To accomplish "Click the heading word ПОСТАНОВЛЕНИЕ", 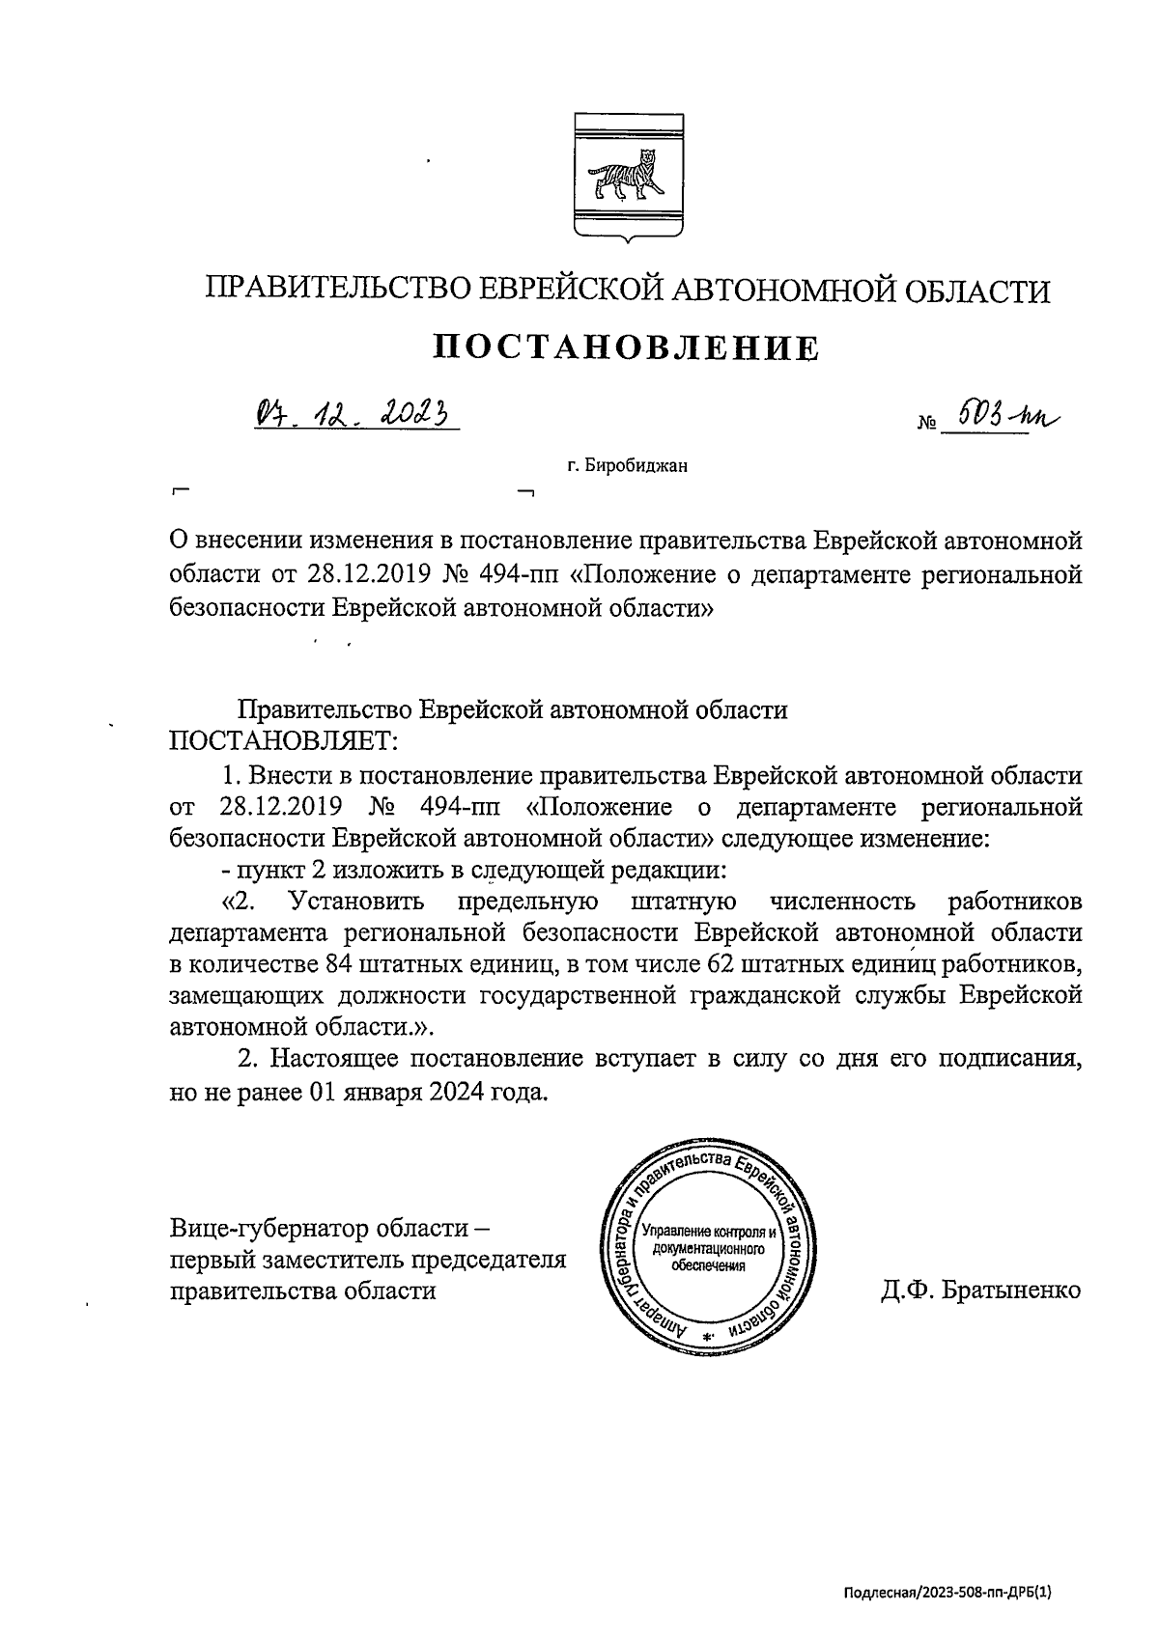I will tap(625, 347).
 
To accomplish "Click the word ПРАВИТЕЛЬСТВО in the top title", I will tap(343, 290).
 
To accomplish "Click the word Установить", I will tap(357, 902).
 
